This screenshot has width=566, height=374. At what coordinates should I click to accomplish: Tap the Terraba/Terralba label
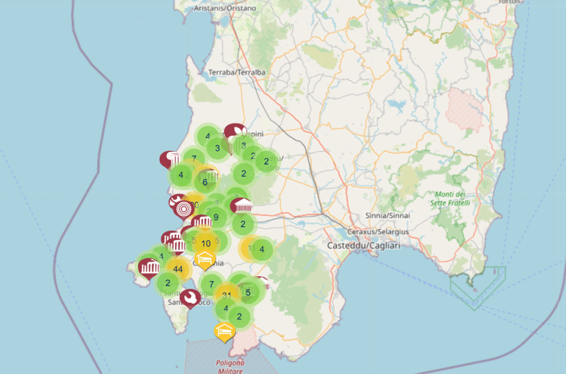(237, 72)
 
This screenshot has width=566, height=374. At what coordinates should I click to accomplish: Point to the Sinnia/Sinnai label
(385, 215)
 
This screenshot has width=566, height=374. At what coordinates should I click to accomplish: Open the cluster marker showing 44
(177, 269)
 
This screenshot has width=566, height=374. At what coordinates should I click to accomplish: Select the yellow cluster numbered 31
(227, 295)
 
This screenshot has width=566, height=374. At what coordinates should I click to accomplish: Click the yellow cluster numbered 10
(206, 243)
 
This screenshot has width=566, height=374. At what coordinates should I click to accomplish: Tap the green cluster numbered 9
(216, 217)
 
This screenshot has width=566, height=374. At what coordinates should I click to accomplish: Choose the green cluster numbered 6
(205, 182)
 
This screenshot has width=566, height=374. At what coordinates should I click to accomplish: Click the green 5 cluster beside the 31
(248, 292)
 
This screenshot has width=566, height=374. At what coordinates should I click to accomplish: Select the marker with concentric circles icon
(184, 209)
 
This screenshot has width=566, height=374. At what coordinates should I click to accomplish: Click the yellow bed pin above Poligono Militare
(224, 330)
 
